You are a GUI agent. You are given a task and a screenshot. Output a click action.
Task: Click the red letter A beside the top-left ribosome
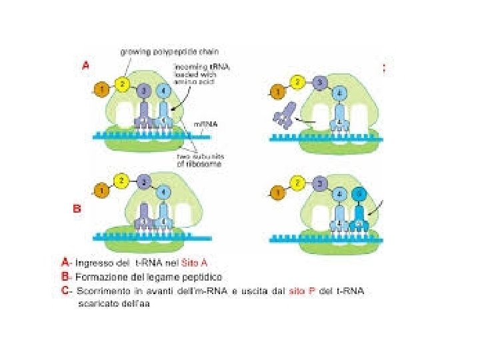pos(86,66)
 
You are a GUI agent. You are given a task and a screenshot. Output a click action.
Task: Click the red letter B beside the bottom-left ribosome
pos(77,208)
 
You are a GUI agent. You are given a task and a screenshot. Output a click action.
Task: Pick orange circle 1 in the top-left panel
pos(101,89)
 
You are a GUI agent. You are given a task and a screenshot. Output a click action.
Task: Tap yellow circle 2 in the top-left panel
pos(122,84)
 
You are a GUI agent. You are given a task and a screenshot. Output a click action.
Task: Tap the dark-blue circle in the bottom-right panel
pos(361,195)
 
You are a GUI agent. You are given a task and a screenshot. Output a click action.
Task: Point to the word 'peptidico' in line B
pos(201,277)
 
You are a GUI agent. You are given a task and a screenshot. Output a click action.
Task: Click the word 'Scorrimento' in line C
pos(103,291)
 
